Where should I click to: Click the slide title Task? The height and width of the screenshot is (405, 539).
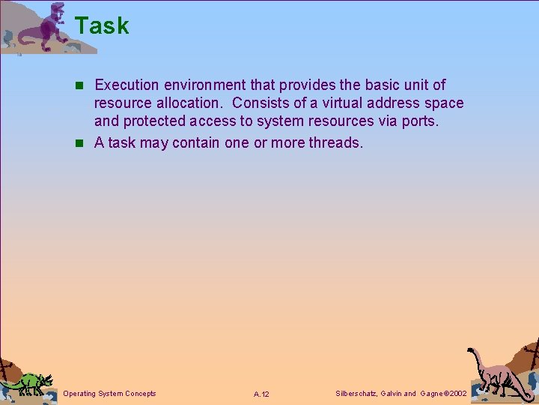[x=102, y=26]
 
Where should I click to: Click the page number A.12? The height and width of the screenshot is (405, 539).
[x=261, y=394]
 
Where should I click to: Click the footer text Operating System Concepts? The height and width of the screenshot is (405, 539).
[x=110, y=393]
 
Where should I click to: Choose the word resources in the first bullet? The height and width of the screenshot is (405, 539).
[x=357, y=121]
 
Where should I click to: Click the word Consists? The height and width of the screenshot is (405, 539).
[x=263, y=103]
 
